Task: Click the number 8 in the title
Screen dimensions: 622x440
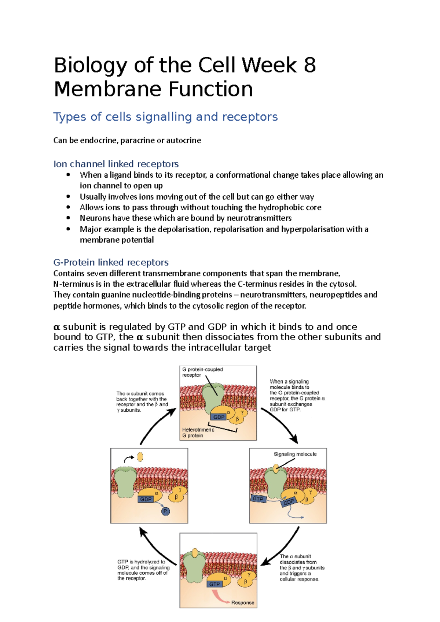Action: coord(309,65)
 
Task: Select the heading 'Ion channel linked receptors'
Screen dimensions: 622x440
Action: coord(116,164)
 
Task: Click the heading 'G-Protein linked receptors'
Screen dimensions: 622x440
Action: coord(111,262)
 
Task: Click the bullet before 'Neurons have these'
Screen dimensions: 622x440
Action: coord(68,218)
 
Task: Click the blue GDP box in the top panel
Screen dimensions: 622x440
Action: coord(219,417)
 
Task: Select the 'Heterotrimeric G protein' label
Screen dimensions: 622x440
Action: coord(198,432)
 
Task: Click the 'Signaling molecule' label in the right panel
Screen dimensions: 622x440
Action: coord(295,454)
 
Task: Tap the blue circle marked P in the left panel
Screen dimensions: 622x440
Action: coord(166,511)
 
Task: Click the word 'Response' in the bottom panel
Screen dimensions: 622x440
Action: coord(243,603)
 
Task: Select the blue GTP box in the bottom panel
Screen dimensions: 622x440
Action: coord(214,584)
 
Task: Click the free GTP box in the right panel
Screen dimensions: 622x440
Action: coord(258,499)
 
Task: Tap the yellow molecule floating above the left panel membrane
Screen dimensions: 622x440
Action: coord(140,457)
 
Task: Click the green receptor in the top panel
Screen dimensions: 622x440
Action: coord(214,397)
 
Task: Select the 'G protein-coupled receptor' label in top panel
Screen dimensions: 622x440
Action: coord(202,372)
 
